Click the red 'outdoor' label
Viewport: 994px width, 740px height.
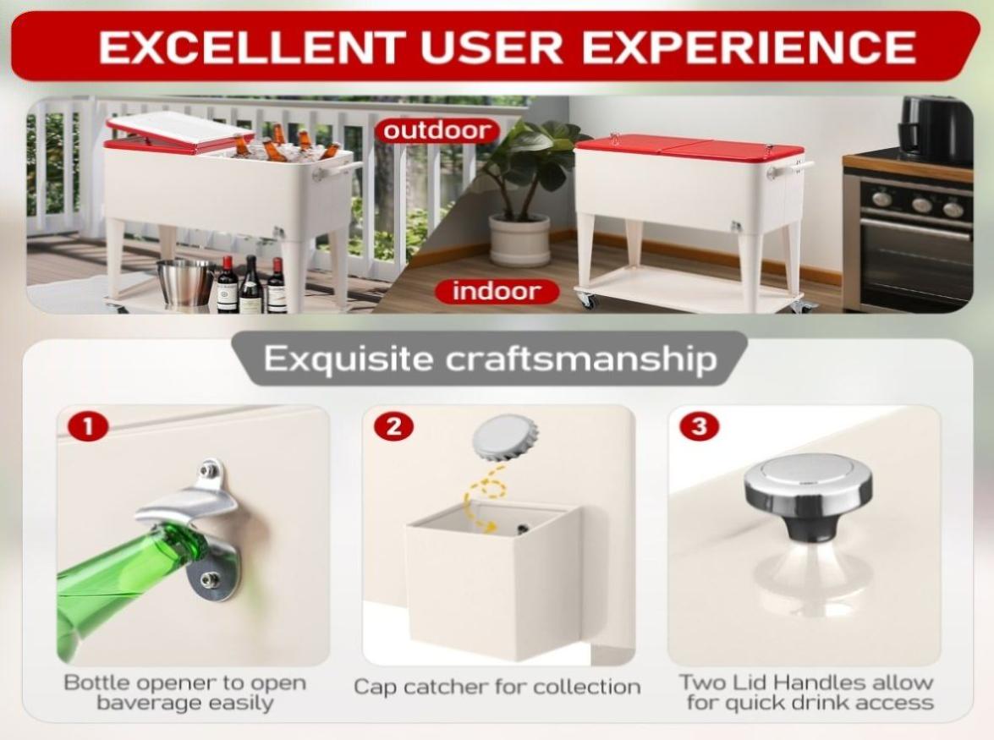tap(437, 130)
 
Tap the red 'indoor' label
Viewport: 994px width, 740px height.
tap(497, 292)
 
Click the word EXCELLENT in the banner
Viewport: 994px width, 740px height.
tap(252, 47)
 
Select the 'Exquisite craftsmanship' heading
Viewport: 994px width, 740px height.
tap(490, 359)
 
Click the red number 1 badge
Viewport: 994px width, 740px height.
tap(88, 426)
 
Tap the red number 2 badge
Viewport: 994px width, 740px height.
tap(393, 426)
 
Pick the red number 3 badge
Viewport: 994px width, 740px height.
tap(700, 425)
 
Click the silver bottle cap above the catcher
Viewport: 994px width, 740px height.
tap(505, 438)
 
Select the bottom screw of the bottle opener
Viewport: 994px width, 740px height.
tap(209, 578)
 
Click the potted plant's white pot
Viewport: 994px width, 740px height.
tap(519, 240)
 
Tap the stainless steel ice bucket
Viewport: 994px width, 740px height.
tap(185, 282)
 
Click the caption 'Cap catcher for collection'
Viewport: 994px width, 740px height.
tap(497, 687)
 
